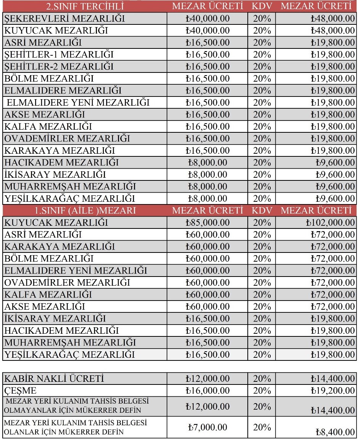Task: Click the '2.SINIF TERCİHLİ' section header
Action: click(85, 6)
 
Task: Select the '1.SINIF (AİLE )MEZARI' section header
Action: click(85, 211)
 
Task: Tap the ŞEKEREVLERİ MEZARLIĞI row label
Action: click(65, 18)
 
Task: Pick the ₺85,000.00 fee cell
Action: click(208, 223)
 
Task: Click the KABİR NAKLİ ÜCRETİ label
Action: click(54, 379)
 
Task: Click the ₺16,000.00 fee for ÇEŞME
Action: click(208, 391)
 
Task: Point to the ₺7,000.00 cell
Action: click(208, 427)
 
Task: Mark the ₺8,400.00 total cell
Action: click(335, 432)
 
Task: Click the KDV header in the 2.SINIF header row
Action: click(262, 6)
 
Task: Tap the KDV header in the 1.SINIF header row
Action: click(262, 211)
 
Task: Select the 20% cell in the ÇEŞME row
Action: click(262, 391)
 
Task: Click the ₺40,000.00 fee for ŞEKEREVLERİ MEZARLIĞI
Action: click(208, 18)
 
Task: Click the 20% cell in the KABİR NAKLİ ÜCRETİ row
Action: click(262, 379)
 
